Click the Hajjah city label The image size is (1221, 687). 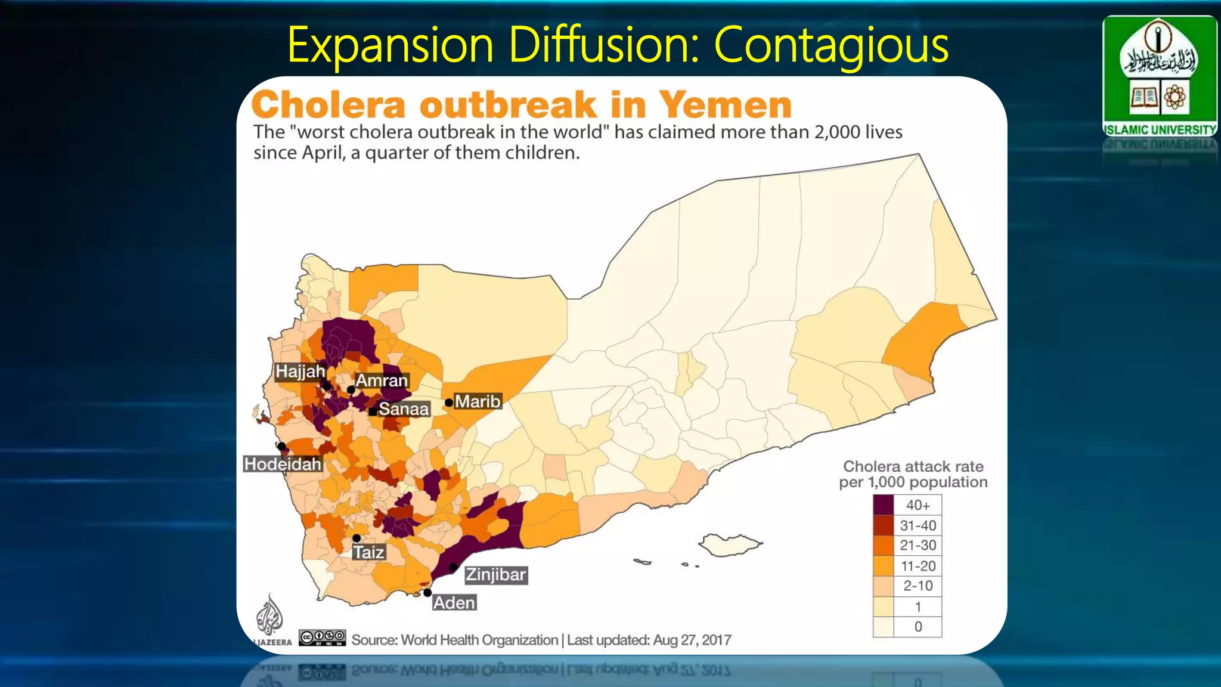click(x=300, y=372)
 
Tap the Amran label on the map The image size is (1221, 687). click(x=382, y=380)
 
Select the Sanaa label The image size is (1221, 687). click(x=404, y=409)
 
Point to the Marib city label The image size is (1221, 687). click(x=478, y=401)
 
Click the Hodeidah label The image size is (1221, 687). click(x=283, y=464)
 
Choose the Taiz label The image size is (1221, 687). click(x=368, y=552)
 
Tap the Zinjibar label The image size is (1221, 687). click(x=495, y=575)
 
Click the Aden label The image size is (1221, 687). click(x=454, y=603)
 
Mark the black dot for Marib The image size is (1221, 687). click(x=448, y=403)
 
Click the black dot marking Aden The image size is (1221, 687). click(x=427, y=593)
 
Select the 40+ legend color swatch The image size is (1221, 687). click(x=884, y=505)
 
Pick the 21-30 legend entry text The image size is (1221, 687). click(x=918, y=545)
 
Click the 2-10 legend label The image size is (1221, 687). click(x=918, y=586)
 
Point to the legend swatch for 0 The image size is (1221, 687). click(x=884, y=627)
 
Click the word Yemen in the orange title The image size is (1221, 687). click(x=725, y=105)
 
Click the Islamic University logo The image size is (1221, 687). click(x=1159, y=76)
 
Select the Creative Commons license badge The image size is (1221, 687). click(x=322, y=638)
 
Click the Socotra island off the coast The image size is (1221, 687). click(x=730, y=544)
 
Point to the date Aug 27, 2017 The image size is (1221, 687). click(x=692, y=640)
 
